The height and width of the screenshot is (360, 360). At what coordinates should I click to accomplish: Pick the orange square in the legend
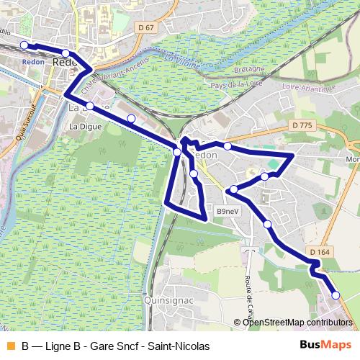(x=9, y=346)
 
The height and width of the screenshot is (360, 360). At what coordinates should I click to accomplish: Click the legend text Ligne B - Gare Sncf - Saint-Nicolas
(x=115, y=346)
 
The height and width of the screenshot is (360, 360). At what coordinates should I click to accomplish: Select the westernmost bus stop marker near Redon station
(x=24, y=45)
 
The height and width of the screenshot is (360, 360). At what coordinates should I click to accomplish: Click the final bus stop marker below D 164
(x=336, y=294)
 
